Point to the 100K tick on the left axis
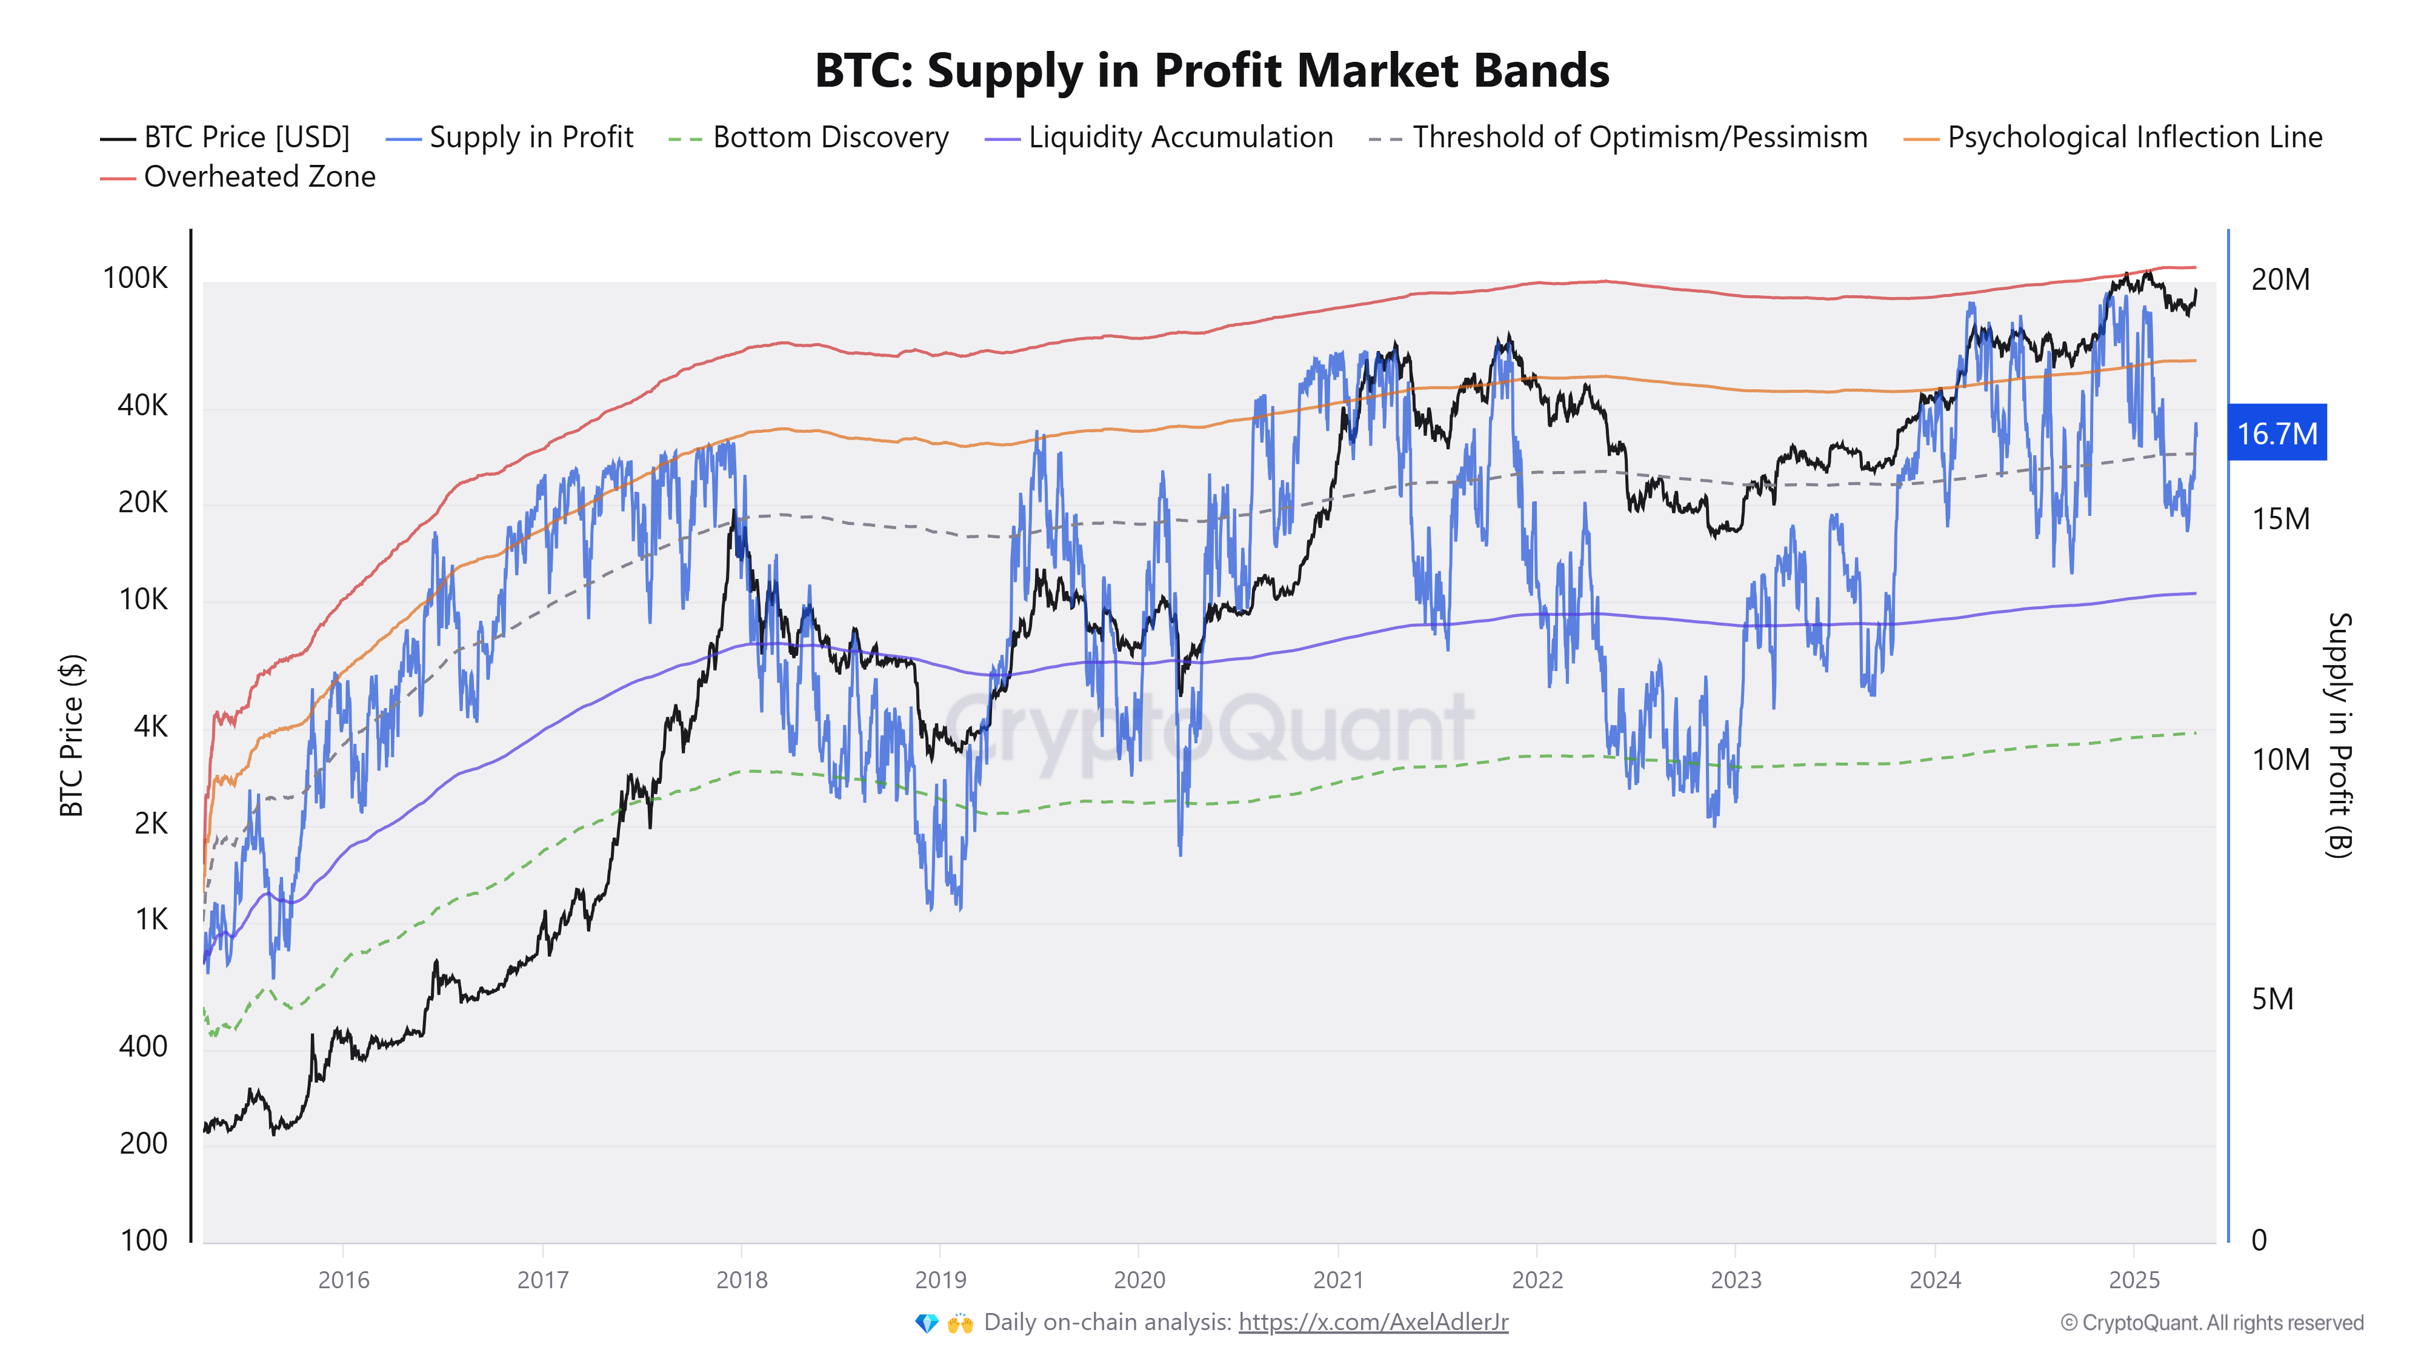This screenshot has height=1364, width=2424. click(136, 279)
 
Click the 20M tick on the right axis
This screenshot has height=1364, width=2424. click(2279, 279)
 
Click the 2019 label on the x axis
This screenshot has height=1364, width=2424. click(940, 1280)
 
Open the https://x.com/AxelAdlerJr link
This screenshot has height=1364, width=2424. click(1373, 1323)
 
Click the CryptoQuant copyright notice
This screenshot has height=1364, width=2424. click(2211, 1323)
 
